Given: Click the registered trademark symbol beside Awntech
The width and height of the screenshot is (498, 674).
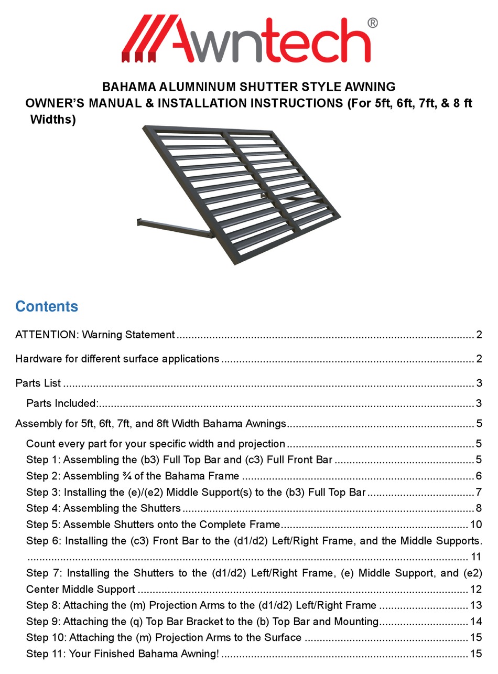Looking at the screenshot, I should click(x=372, y=23).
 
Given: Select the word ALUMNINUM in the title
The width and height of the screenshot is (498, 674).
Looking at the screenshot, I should click(x=196, y=87).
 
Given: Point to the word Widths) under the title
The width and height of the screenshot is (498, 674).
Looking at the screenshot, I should click(x=53, y=120).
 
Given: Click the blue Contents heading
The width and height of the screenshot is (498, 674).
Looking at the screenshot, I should click(x=47, y=306).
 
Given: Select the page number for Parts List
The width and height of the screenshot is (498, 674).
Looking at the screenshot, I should click(x=479, y=383).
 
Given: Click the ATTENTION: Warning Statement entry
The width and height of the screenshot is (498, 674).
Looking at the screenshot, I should click(x=95, y=335).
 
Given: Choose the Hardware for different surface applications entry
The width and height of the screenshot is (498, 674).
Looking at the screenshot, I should click(x=117, y=359).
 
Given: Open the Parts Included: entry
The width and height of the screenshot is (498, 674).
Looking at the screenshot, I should click(x=62, y=403).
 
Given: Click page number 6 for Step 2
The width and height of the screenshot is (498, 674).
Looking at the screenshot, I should click(x=479, y=476).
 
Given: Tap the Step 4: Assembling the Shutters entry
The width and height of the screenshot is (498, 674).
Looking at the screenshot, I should click(x=103, y=508).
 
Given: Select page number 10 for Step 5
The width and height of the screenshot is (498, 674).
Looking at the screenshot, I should click(x=475, y=525).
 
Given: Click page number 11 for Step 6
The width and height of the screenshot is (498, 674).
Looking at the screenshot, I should click(x=475, y=557).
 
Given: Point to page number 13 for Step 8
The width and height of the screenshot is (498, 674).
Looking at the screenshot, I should click(x=475, y=606).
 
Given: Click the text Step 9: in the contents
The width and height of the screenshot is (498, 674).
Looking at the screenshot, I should click(x=44, y=622).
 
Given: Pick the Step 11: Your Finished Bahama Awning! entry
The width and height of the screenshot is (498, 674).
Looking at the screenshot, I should click(x=123, y=654).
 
